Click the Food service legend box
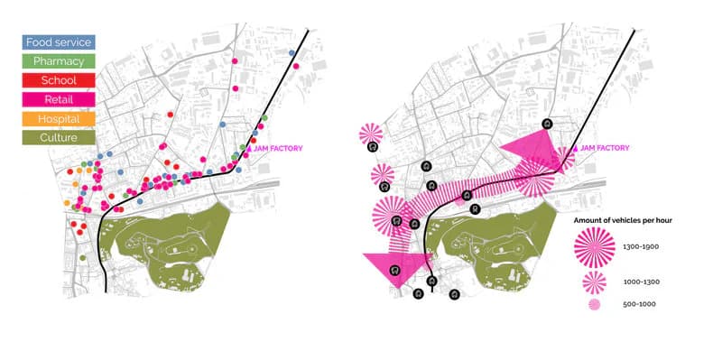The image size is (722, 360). pos(59,42)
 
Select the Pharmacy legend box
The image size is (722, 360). pos(59,61)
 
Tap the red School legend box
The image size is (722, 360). pos(59,80)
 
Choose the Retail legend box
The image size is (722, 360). pos(59,99)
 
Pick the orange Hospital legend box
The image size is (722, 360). pos(59,119)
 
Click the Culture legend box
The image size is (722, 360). pos(59,138)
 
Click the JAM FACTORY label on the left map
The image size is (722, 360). pos(278,148)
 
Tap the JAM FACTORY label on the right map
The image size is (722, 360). pos(605,148)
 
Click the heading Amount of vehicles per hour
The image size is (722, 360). pos(623,220)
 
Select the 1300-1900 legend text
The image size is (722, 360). pos(641,246)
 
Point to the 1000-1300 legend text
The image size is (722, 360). pos(641,282)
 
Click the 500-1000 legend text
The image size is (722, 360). pos(639,304)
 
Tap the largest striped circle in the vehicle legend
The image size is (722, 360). pos(595,247)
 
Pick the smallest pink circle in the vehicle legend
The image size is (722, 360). pos(595,304)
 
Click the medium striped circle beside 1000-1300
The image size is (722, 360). pos(595,282)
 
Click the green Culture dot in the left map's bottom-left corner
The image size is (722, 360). pos(82,258)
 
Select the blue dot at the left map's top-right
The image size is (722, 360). pos(292,52)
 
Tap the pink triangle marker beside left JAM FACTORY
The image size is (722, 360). pos(249,148)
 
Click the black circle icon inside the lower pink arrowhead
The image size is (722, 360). pos(394,270)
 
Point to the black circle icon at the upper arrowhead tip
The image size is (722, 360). pos(547,123)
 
